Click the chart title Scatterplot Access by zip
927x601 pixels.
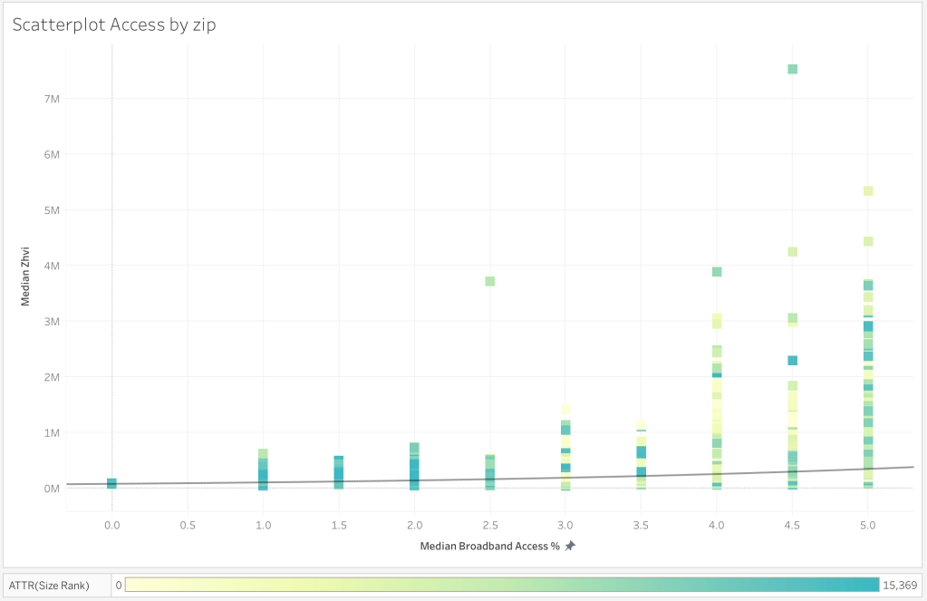pos(113,24)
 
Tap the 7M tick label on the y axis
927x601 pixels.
pos(47,98)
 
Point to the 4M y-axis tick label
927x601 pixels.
pos(47,266)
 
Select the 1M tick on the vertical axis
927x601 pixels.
pos(47,432)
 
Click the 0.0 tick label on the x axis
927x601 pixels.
pos(111,525)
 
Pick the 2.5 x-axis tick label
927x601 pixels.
pos(489,525)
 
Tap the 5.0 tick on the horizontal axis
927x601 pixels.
pos(867,525)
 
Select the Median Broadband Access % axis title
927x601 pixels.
pos(489,547)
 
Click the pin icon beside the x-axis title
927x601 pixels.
pos(570,547)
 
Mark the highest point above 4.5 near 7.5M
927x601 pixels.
pos(792,69)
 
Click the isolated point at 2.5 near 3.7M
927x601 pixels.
pos(489,281)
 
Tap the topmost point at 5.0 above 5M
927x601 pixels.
pos(867,191)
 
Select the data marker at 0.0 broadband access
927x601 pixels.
pos(111,483)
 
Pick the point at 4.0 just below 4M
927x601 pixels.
pos(716,272)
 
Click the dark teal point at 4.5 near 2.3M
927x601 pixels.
pos(792,360)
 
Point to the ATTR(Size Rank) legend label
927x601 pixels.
pos(56,585)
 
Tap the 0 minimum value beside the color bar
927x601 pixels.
pos(119,585)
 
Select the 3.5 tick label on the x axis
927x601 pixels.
pos(641,525)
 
